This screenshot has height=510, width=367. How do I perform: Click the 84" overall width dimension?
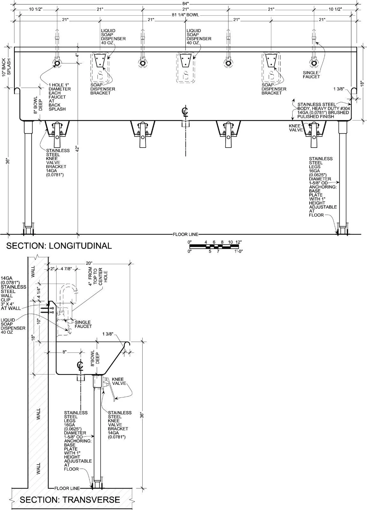pyautogui.click(x=185, y=4)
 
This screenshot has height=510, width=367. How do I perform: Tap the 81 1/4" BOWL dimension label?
pyautogui.click(x=185, y=15)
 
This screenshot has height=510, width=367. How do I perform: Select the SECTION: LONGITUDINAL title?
pyautogui.click(x=59, y=246)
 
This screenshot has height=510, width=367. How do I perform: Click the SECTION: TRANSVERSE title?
pyautogui.click(x=70, y=499)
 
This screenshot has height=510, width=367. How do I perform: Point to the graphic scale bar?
pyautogui.click(x=214, y=246)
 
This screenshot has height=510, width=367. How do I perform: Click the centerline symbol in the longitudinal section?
pyautogui.click(x=185, y=111)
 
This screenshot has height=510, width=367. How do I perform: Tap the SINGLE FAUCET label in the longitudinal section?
pyautogui.click(x=311, y=75)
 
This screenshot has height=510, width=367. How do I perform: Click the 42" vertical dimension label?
pyautogui.click(x=78, y=149)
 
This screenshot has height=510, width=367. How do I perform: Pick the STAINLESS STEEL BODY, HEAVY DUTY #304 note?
pyautogui.click(x=323, y=110)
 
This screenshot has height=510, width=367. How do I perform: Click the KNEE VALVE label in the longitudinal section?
pyautogui.click(x=296, y=128)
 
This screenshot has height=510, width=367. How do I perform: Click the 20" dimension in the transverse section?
pyautogui.click(x=89, y=263)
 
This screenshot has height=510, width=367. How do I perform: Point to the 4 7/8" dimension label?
pyautogui.click(x=66, y=269)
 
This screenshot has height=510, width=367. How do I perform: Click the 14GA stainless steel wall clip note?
pyautogui.click(x=13, y=293)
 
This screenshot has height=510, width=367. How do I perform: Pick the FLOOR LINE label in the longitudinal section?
pyautogui.click(x=185, y=234)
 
